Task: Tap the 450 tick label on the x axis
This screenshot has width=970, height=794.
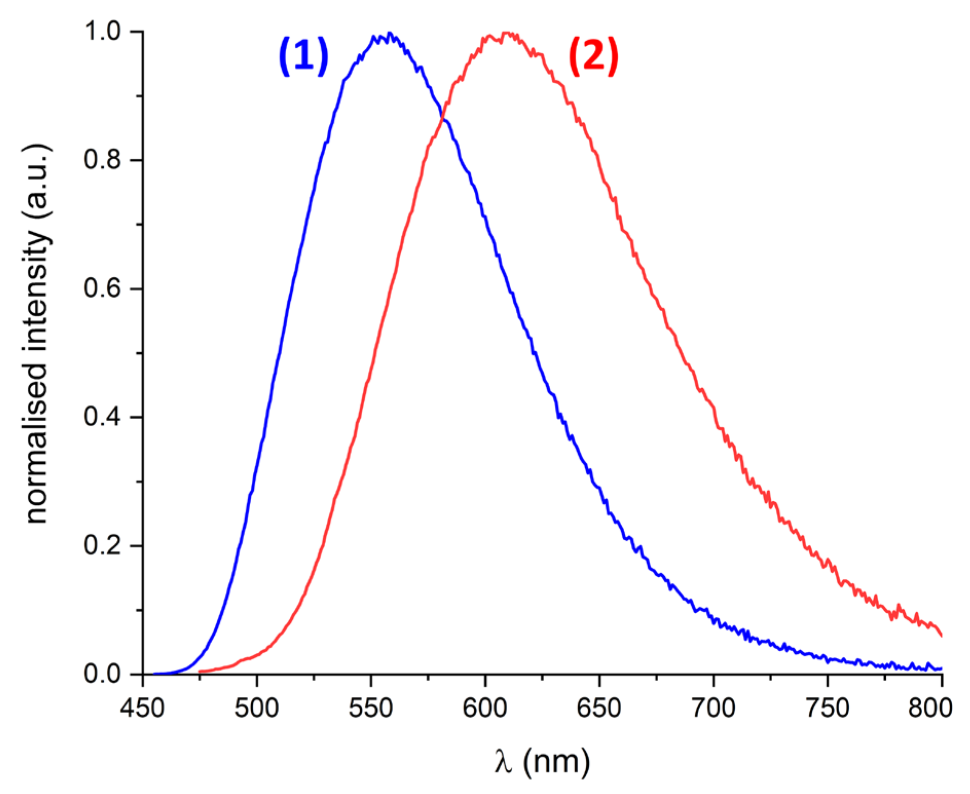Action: point(142,708)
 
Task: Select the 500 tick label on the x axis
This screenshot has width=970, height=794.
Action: point(256,708)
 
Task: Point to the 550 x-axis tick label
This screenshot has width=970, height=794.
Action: point(370,708)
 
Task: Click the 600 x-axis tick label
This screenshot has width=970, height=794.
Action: point(484,708)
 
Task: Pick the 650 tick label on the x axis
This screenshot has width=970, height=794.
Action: point(599,708)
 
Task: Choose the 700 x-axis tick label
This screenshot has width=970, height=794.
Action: point(713,708)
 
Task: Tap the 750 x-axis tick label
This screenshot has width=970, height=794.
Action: point(827,708)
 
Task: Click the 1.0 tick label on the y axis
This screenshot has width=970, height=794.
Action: point(102,31)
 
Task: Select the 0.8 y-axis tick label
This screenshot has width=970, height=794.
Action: point(102,160)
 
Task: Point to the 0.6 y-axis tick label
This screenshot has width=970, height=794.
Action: point(102,288)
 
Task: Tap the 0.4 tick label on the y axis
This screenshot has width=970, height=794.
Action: point(102,417)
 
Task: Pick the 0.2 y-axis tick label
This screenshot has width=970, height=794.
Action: point(102,545)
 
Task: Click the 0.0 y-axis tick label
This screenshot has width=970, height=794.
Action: point(102,673)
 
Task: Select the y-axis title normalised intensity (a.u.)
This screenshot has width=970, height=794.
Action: point(37,334)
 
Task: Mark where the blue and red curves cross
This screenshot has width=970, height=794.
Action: point(442,119)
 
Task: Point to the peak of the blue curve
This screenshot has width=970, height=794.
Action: point(389,34)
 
